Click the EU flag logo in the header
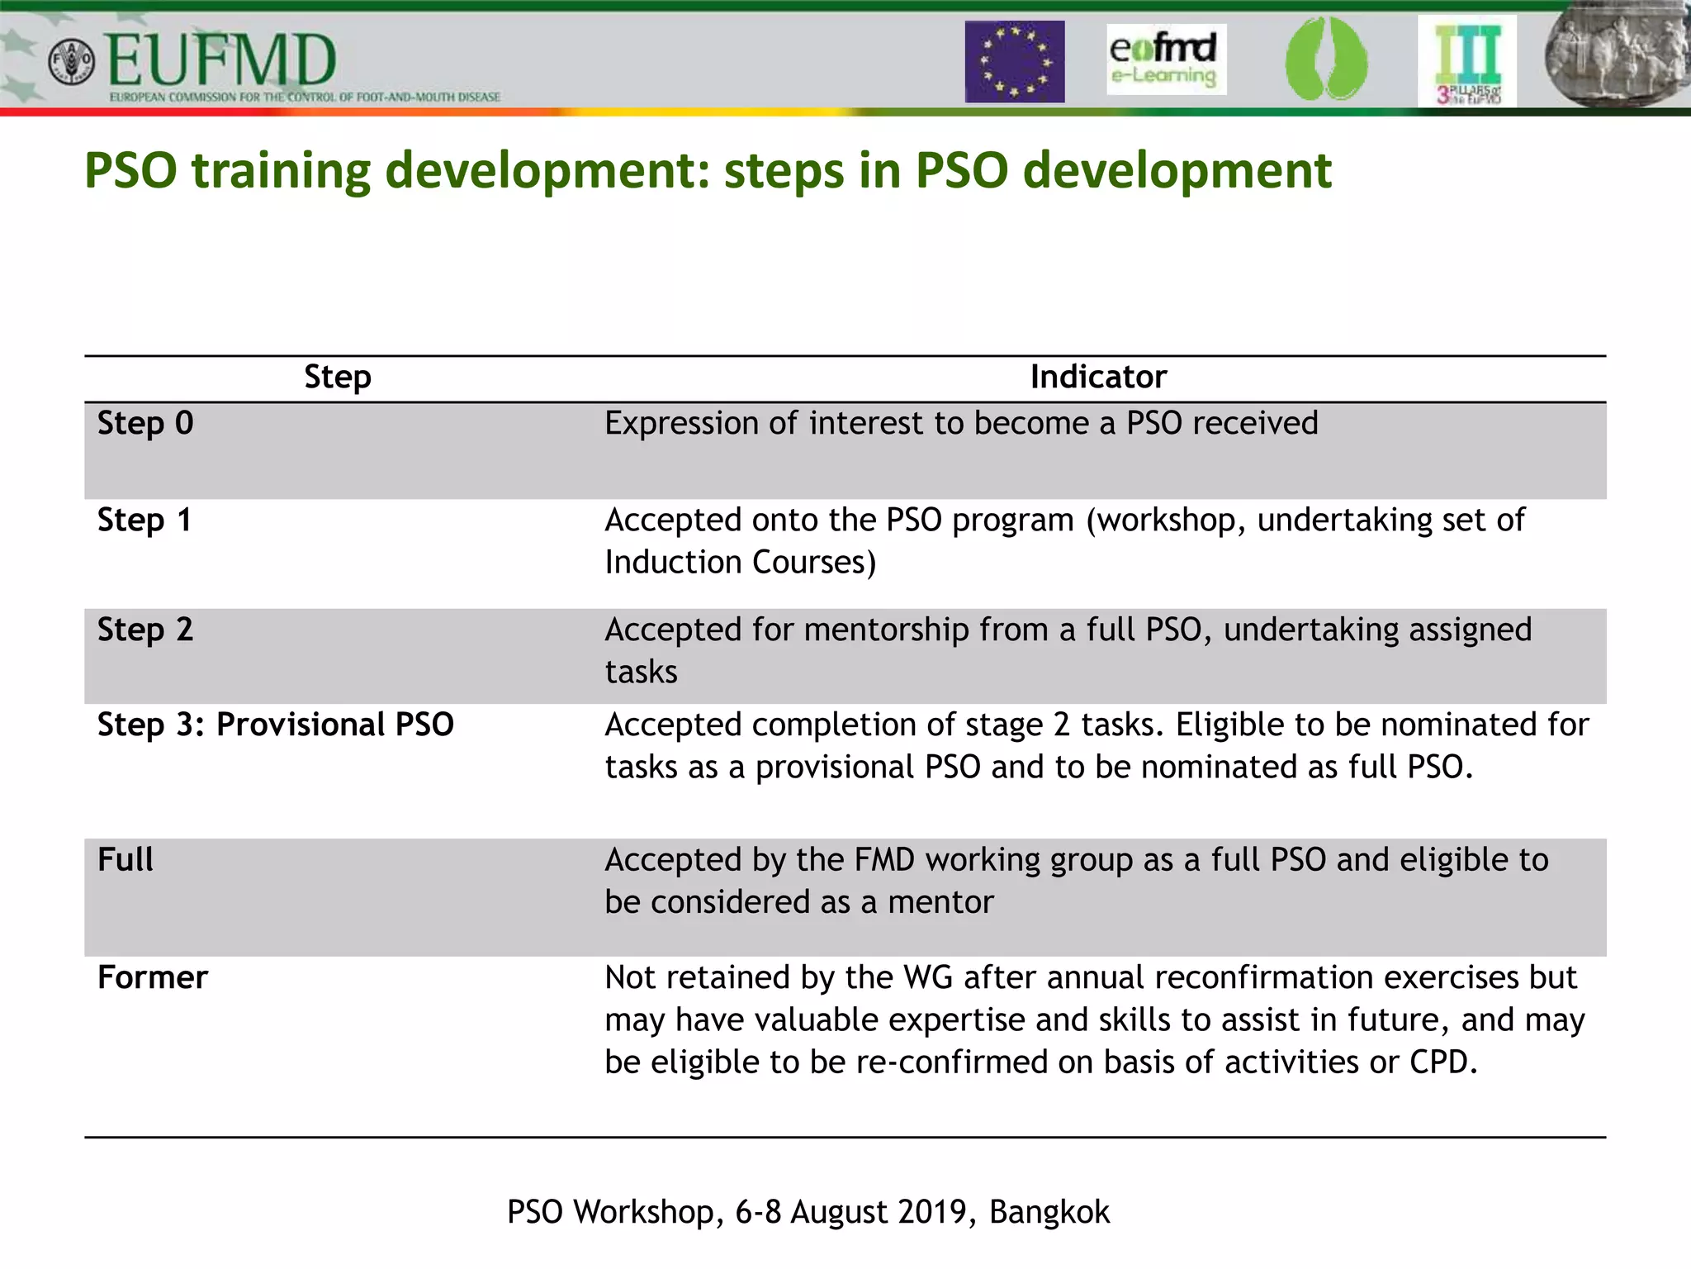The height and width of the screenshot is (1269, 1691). (x=1015, y=62)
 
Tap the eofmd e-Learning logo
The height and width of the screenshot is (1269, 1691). (x=1165, y=59)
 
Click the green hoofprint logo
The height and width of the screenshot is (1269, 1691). (x=1326, y=59)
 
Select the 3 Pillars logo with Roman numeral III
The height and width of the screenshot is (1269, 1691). (x=1467, y=62)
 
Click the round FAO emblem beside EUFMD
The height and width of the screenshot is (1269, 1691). (x=72, y=62)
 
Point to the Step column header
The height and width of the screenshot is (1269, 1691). (x=338, y=377)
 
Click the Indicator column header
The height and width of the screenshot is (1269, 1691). (x=1098, y=377)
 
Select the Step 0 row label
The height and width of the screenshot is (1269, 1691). (x=145, y=423)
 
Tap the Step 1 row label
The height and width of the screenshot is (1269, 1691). (x=144, y=520)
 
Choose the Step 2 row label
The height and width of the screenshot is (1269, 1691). (x=145, y=630)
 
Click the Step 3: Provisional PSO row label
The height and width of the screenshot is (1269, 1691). (x=276, y=725)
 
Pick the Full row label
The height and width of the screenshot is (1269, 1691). (x=126, y=859)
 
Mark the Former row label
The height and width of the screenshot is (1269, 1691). (x=153, y=977)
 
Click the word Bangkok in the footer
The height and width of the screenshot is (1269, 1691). (x=1049, y=1212)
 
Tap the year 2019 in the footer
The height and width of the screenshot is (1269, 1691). (x=938, y=1212)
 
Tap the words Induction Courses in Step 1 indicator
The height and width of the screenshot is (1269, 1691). (x=740, y=563)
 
